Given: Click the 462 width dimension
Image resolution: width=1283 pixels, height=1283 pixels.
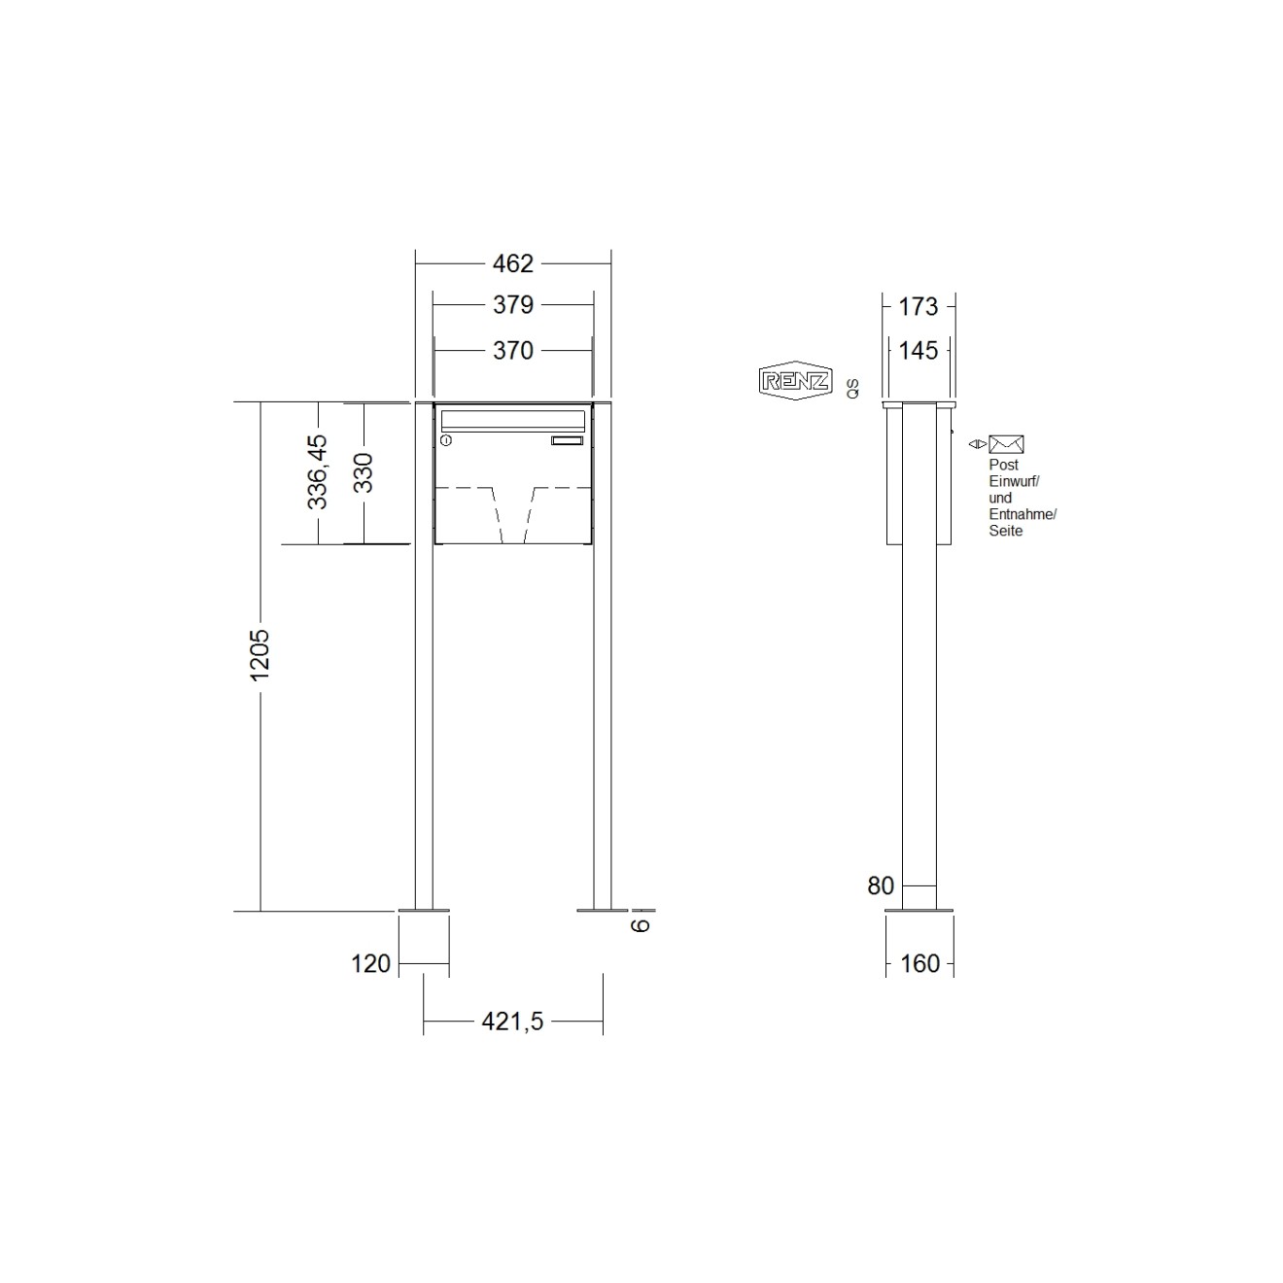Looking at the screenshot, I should (512, 263).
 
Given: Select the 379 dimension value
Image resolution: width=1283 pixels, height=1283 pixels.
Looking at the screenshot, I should (512, 305).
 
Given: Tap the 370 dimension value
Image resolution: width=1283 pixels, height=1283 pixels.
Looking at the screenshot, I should (512, 350).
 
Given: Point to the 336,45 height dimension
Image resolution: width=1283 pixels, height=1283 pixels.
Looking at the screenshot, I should (318, 472).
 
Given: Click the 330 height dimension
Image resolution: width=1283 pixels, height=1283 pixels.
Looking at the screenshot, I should (363, 472).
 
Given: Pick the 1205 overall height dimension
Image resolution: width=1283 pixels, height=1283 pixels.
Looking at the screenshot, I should (260, 655).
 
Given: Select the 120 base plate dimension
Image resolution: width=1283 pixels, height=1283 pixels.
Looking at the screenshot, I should (370, 963).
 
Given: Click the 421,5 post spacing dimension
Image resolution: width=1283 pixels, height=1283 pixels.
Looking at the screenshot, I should (512, 1022).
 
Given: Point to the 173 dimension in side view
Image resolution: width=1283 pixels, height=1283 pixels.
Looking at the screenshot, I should (918, 307).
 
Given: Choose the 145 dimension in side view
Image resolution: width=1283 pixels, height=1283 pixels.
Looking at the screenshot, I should (918, 351).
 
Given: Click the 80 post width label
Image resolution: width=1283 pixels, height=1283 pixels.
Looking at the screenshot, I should (881, 885).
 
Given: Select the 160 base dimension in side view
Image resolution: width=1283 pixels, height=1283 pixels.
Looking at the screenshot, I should (919, 963).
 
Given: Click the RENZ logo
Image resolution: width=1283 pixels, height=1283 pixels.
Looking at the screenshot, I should (794, 381).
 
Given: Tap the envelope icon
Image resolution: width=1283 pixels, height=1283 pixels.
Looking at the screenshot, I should (1006, 444).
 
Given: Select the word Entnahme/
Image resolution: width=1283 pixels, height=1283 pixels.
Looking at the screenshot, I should (1022, 514).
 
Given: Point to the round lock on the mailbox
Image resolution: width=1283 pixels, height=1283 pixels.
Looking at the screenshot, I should (446, 441).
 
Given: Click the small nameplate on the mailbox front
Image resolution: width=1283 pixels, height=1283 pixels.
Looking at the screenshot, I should (568, 441).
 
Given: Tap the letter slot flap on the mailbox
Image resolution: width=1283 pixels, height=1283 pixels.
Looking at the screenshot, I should (512, 420).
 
